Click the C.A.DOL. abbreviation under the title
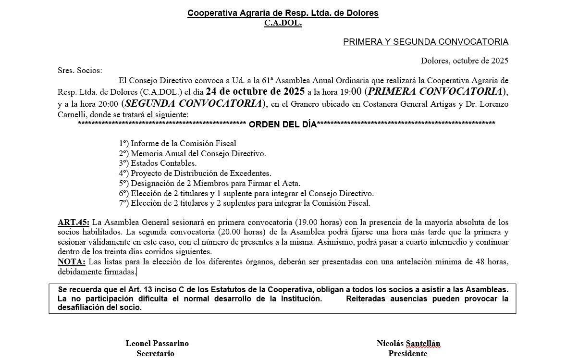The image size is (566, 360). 283,23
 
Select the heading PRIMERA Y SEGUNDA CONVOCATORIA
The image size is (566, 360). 425,42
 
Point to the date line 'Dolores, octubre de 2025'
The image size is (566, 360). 464,61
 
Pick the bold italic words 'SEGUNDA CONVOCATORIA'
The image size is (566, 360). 194,103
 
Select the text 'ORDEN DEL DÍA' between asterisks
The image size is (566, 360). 283,125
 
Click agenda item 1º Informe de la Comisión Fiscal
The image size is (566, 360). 177,143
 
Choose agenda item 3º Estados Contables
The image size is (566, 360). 158,163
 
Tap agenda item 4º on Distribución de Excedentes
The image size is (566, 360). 195,173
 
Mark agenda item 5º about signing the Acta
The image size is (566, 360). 209,183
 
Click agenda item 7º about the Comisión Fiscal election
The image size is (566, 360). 245,203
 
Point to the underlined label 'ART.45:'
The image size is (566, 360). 73,223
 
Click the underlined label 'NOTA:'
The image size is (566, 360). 71,261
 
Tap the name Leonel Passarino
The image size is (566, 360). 157,343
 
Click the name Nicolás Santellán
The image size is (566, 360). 408,343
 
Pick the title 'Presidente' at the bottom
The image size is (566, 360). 407,353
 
